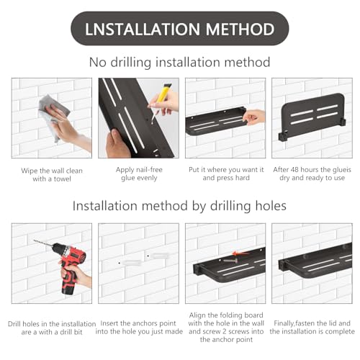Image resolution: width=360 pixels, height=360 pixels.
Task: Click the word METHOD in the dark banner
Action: pyautogui.click(x=240, y=29)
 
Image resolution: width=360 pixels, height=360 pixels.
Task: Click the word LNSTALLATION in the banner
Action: pyautogui.click(x=143, y=29)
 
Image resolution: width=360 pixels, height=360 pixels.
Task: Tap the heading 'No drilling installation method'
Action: pyautogui.click(x=179, y=62)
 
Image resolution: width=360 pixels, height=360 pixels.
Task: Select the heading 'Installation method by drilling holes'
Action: pyautogui.click(x=179, y=206)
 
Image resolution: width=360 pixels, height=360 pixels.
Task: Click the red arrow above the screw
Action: pyautogui.click(x=241, y=253)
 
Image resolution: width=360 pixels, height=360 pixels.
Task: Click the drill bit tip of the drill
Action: pyautogui.click(x=35, y=240)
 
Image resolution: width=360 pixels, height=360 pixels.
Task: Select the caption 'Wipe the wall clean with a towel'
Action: pyautogui.click(x=52, y=175)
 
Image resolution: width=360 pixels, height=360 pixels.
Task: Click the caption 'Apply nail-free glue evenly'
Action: pyautogui.click(x=139, y=174)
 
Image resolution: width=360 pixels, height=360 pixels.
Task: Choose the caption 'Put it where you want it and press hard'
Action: pyautogui.click(x=226, y=174)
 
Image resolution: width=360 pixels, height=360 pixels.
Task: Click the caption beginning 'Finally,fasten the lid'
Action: pyautogui.click(x=312, y=328)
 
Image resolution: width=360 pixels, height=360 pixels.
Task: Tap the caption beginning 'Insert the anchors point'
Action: pyautogui.click(x=139, y=328)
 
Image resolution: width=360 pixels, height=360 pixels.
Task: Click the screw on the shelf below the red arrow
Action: pyautogui.click(x=230, y=260)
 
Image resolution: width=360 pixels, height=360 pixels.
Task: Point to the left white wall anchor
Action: pyautogui.click(x=131, y=262)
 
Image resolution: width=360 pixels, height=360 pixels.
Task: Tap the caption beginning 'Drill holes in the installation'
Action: pyautogui.click(x=52, y=328)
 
